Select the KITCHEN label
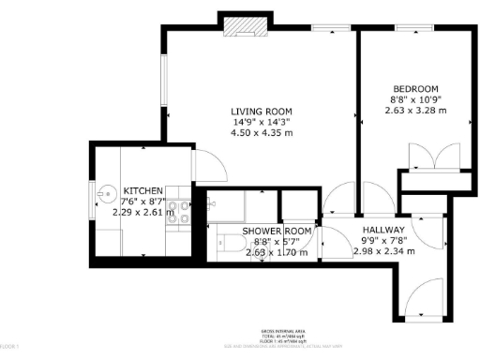click(x=143, y=190)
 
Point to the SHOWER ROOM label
click(x=277, y=231)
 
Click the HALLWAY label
click(x=384, y=229)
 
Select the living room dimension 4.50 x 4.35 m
click(x=262, y=132)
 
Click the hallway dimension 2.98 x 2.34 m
click(x=384, y=250)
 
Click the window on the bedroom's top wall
click(x=410, y=29)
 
